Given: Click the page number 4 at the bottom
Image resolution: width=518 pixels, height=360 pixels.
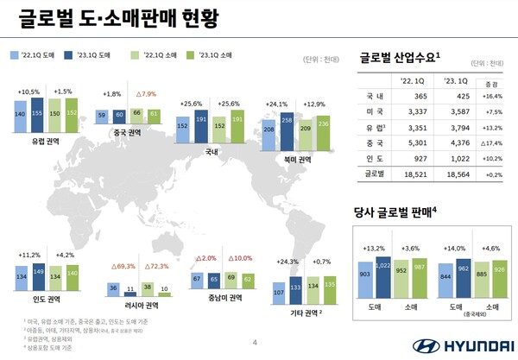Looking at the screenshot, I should [x=254, y=343].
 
